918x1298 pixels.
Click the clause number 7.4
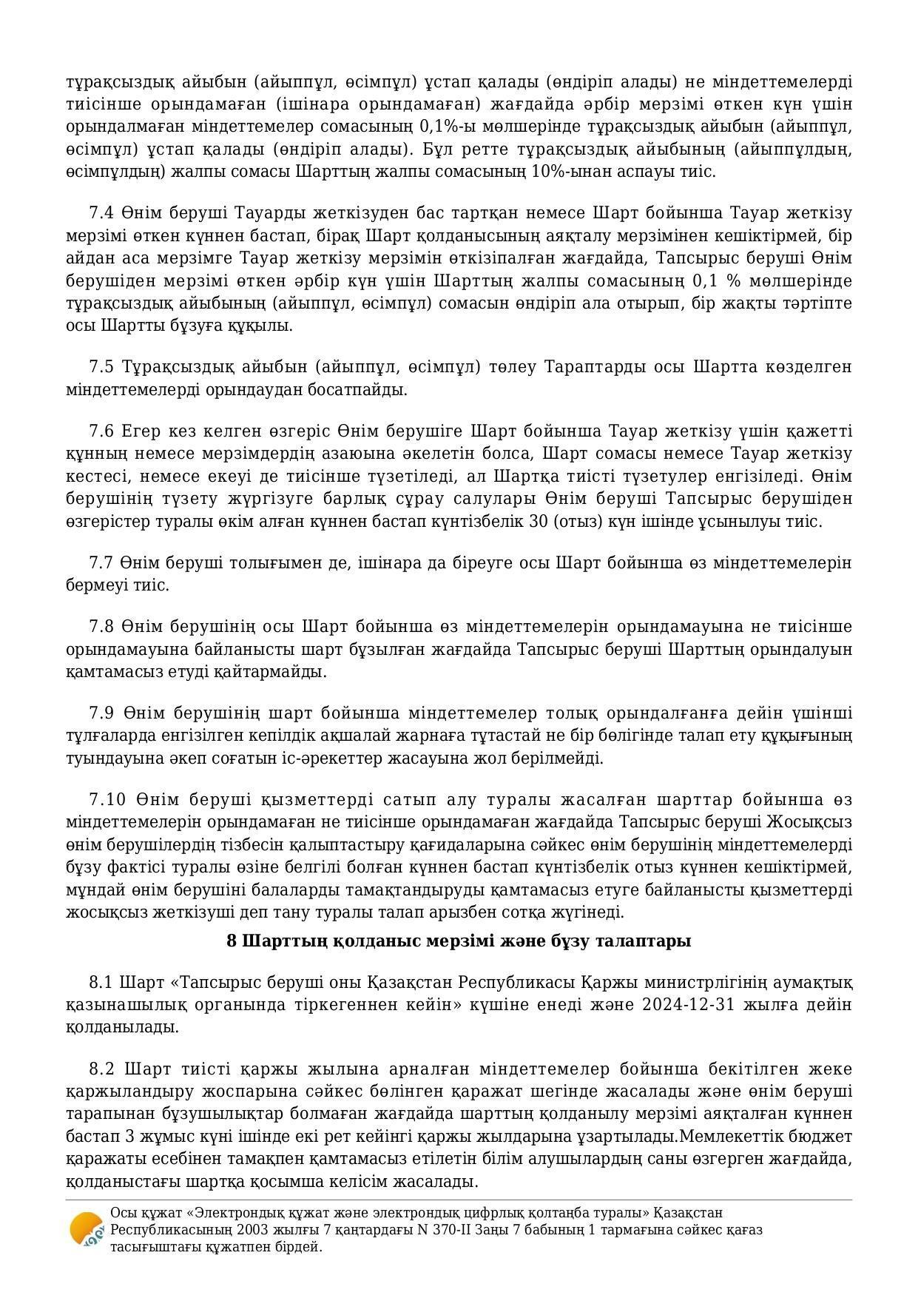pos(101,213)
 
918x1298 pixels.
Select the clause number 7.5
pos(101,367)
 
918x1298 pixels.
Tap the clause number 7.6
pos(101,431)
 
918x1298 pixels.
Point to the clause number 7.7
pos(101,563)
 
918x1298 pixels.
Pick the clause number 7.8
pos(101,627)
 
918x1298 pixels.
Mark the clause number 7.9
pos(101,713)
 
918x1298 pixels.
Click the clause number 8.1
pos(101,983)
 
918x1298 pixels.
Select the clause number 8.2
pos(101,1069)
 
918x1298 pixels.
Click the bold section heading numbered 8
pos(459,941)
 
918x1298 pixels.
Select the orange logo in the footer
pos(86,1231)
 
